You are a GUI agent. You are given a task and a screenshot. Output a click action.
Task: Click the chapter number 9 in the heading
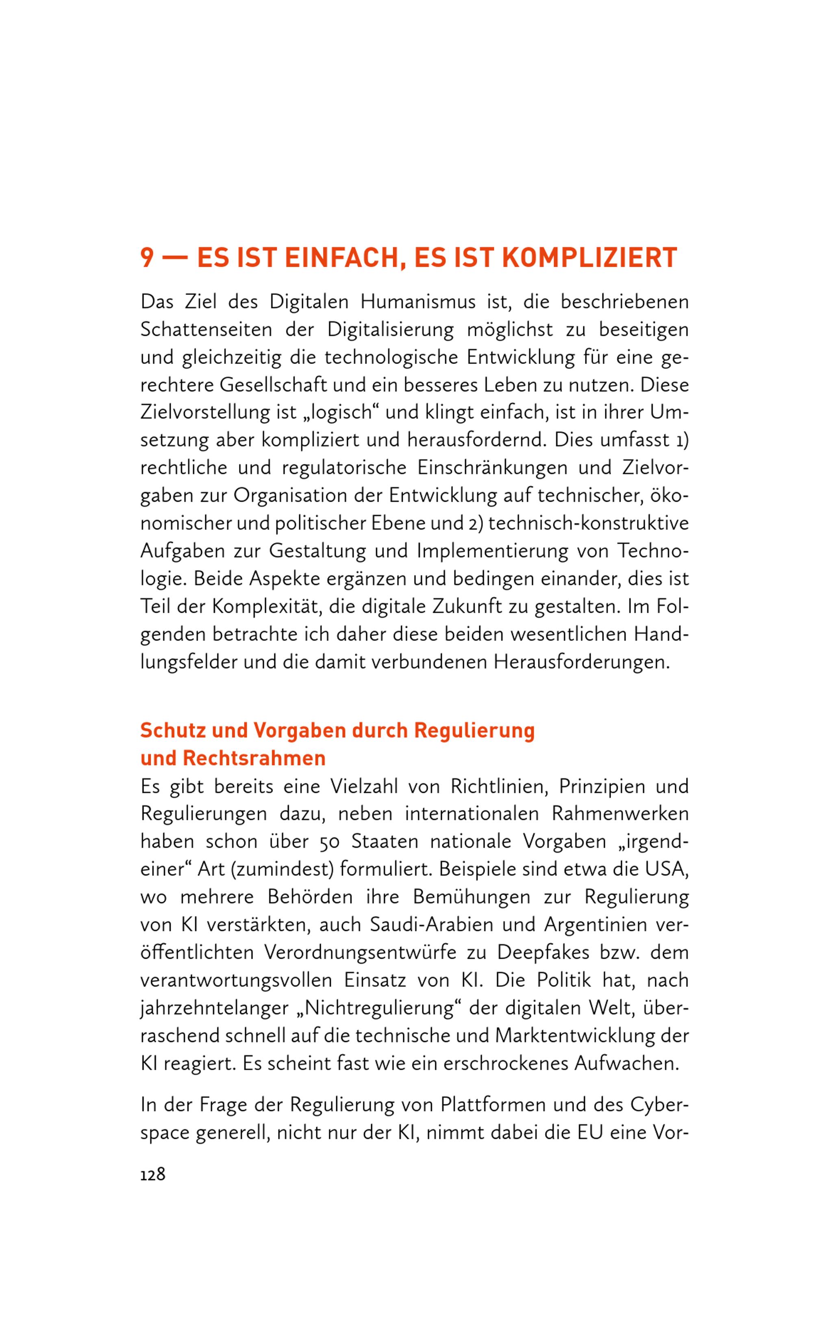coord(147,258)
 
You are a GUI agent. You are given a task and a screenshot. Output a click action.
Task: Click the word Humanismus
coord(418,302)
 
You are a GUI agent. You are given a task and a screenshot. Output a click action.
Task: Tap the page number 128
coord(153,1174)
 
